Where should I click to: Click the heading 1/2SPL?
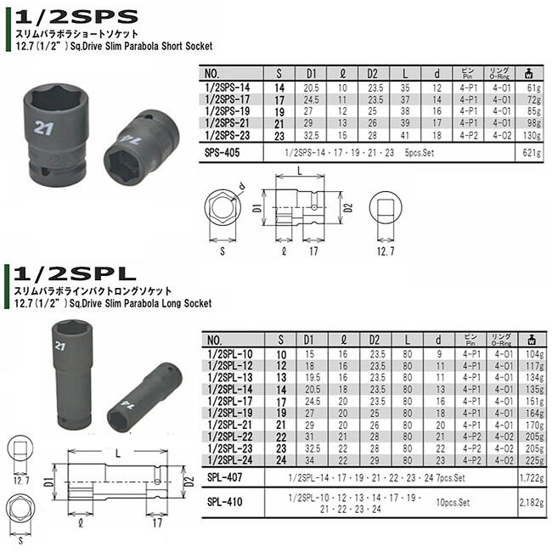coord(70,274)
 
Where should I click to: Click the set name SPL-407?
coord(223,478)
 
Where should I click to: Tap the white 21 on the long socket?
coord(59,346)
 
